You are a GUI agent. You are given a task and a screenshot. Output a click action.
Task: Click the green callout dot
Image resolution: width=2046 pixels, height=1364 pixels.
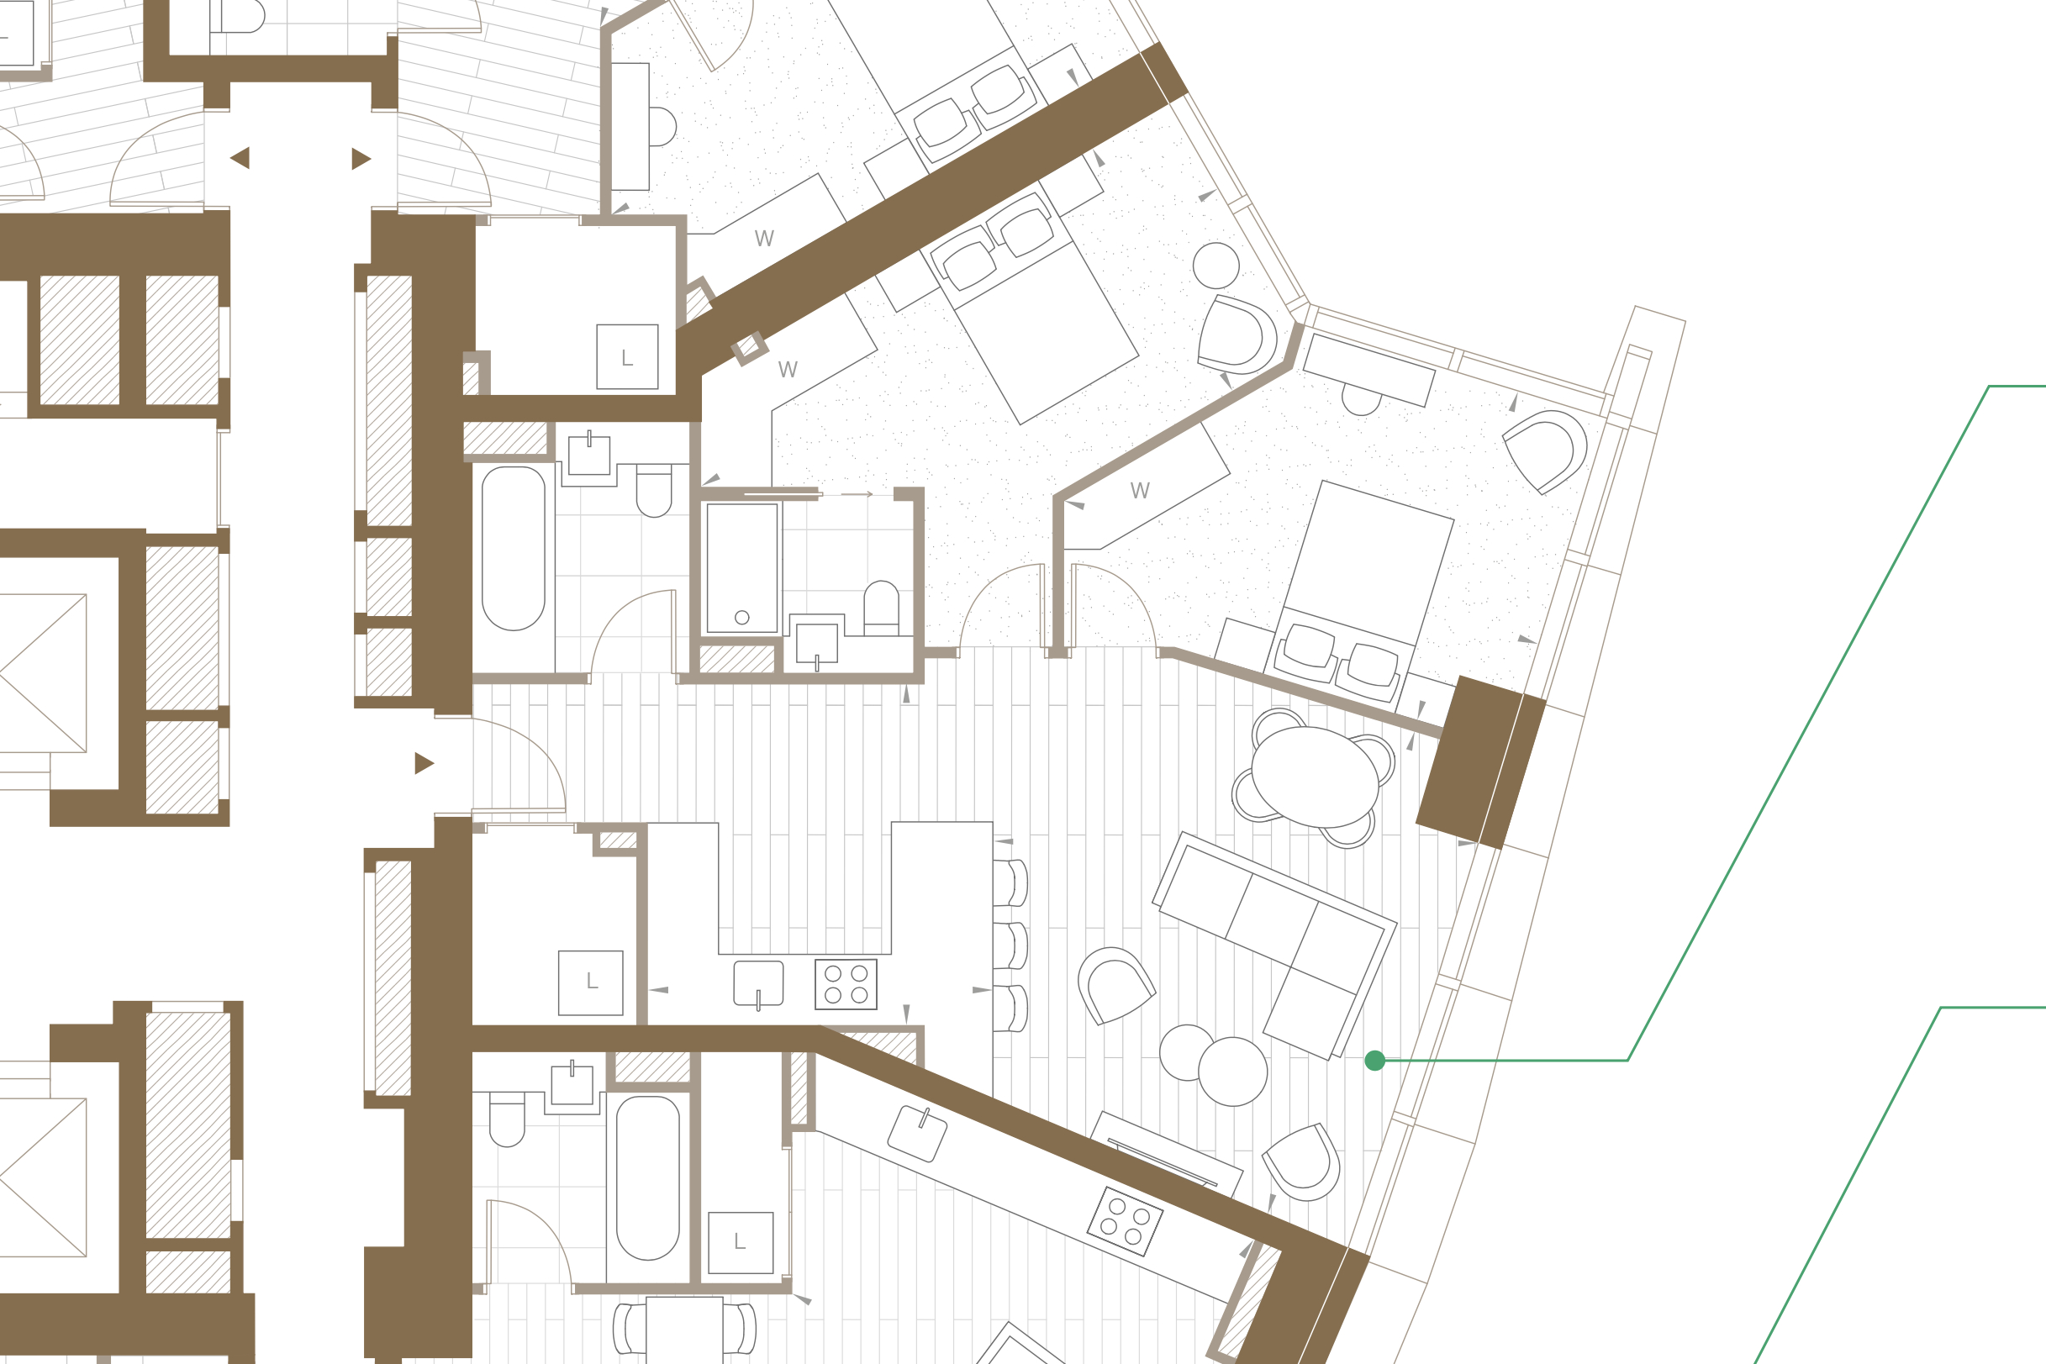click(x=1374, y=1061)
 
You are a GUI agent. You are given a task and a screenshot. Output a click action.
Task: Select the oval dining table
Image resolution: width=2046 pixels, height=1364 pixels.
click(x=1315, y=777)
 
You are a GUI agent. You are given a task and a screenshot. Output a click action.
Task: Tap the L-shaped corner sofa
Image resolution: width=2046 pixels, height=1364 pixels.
click(x=1274, y=945)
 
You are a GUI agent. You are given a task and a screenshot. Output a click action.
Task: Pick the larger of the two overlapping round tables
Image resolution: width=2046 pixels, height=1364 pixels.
click(x=1232, y=1071)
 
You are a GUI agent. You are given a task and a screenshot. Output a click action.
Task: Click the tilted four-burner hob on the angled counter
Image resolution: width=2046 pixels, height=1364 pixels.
click(x=1125, y=1221)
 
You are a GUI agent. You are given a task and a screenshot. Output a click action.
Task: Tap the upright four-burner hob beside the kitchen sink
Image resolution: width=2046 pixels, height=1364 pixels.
click(x=846, y=984)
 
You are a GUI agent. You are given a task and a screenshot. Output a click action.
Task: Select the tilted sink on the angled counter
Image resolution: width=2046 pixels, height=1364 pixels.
click(x=917, y=1134)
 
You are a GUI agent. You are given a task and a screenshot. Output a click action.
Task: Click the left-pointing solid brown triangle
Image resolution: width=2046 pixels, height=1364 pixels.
click(x=240, y=157)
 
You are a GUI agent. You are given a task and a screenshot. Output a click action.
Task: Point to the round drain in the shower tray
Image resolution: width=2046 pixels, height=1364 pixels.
click(x=742, y=618)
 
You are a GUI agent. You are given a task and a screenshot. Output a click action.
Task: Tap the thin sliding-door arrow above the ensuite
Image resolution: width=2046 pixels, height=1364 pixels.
click(x=857, y=494)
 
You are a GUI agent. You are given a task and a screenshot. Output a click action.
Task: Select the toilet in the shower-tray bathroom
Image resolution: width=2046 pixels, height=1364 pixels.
click(x=881, y=608)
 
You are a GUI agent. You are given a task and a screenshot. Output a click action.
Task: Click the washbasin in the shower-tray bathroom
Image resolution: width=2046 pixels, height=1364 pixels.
click(x=817, y=643)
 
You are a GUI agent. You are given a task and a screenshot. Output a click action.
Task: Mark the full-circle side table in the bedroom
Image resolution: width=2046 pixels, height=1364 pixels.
click(x=1216, y=266)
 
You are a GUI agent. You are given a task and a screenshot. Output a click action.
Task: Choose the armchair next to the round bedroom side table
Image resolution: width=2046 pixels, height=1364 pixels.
click(x=1237, y=335)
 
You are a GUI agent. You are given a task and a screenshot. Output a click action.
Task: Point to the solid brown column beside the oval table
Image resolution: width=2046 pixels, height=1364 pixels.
click(x=1480, y=762)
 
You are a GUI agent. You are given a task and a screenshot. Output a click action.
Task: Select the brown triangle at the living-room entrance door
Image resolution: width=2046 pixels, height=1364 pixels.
click(x=424, y=763)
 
